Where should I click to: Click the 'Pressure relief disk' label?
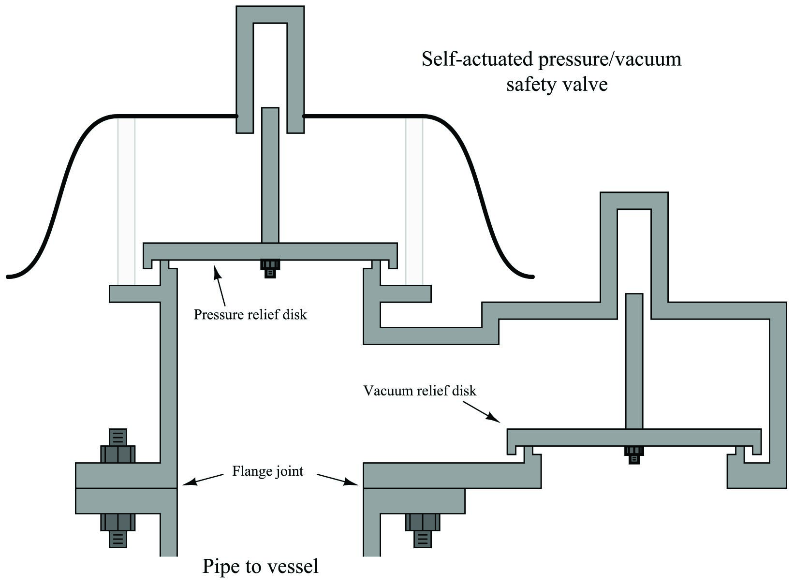[x=250, y=315]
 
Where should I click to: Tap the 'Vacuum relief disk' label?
[x=420, y=391]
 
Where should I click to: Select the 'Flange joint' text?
[x=267, y=471]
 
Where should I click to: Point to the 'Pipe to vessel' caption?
[x=260, y=566]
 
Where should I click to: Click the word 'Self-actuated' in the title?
[x=476, y=59]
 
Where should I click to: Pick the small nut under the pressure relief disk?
[x=270, y=267]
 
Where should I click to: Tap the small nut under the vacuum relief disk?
[x=634, y=454]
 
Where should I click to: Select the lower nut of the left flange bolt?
[x=118, y=523]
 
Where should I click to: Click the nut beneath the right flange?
[x=422, y=523]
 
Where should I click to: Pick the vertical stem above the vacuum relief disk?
[x=634, y=360]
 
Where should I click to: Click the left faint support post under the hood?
[x=126, y=201]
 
